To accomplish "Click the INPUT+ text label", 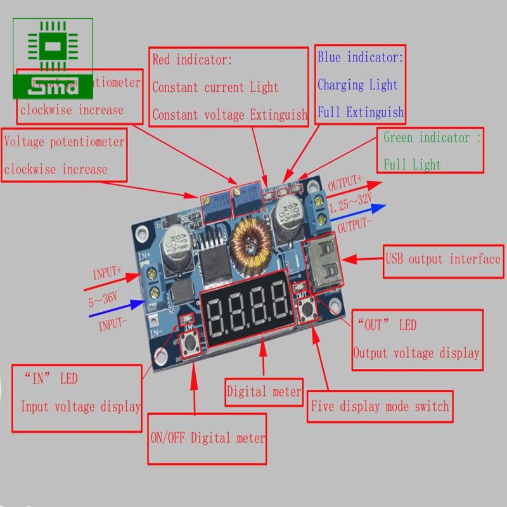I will [x=106, y=274].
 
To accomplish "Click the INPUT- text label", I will [x=113, y=326].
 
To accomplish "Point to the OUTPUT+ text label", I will [x=345, y=185].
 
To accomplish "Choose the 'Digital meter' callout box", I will [x=264, y=392].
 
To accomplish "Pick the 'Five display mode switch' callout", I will [x=380, y=406].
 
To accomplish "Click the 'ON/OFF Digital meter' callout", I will [x=207, y=438].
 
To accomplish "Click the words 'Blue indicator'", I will [x=360, y=58].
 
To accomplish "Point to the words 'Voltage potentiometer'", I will [x=64, y=141].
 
